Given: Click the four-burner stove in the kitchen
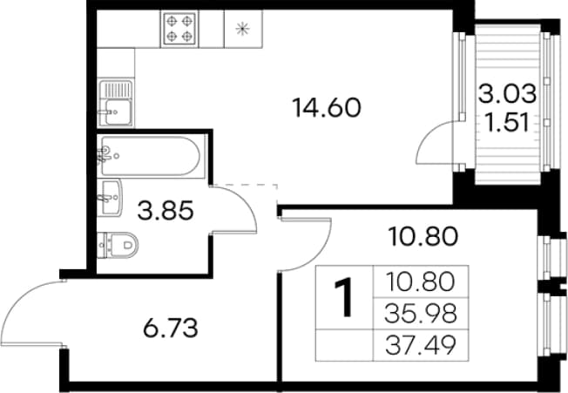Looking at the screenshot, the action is pyautogui.click(x=179, y=29).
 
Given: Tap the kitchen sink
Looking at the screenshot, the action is pyautogui.click(x=116, y=103).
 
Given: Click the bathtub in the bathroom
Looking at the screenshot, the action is pyautogui.click(x=150, y=156).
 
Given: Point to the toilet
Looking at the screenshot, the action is pyautogui.click(x=118, y=245).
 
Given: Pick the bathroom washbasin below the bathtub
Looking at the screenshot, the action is pyautogui.click(x=110, y=198).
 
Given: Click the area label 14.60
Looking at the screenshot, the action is pyautogui.click(x=327, y=108).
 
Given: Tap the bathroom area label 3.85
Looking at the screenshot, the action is pyautogui.click(x=166, y=211).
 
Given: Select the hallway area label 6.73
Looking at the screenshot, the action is pyautogui.click(x=171, y=328).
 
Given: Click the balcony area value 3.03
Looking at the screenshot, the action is pyautogui.click(x=507, y=93).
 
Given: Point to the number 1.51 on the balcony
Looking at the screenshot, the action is pyautogui.click(x=507, y=123).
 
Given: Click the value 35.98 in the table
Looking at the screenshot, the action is pyautogui.click(x=420, y=314).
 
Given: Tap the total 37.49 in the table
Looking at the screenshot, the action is pyautogui.click(x=420, y=346).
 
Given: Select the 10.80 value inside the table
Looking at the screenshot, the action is pyautogui.click(x=420, y=282).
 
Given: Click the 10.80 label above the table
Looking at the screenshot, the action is pyautogui.click(x=423, y=236).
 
